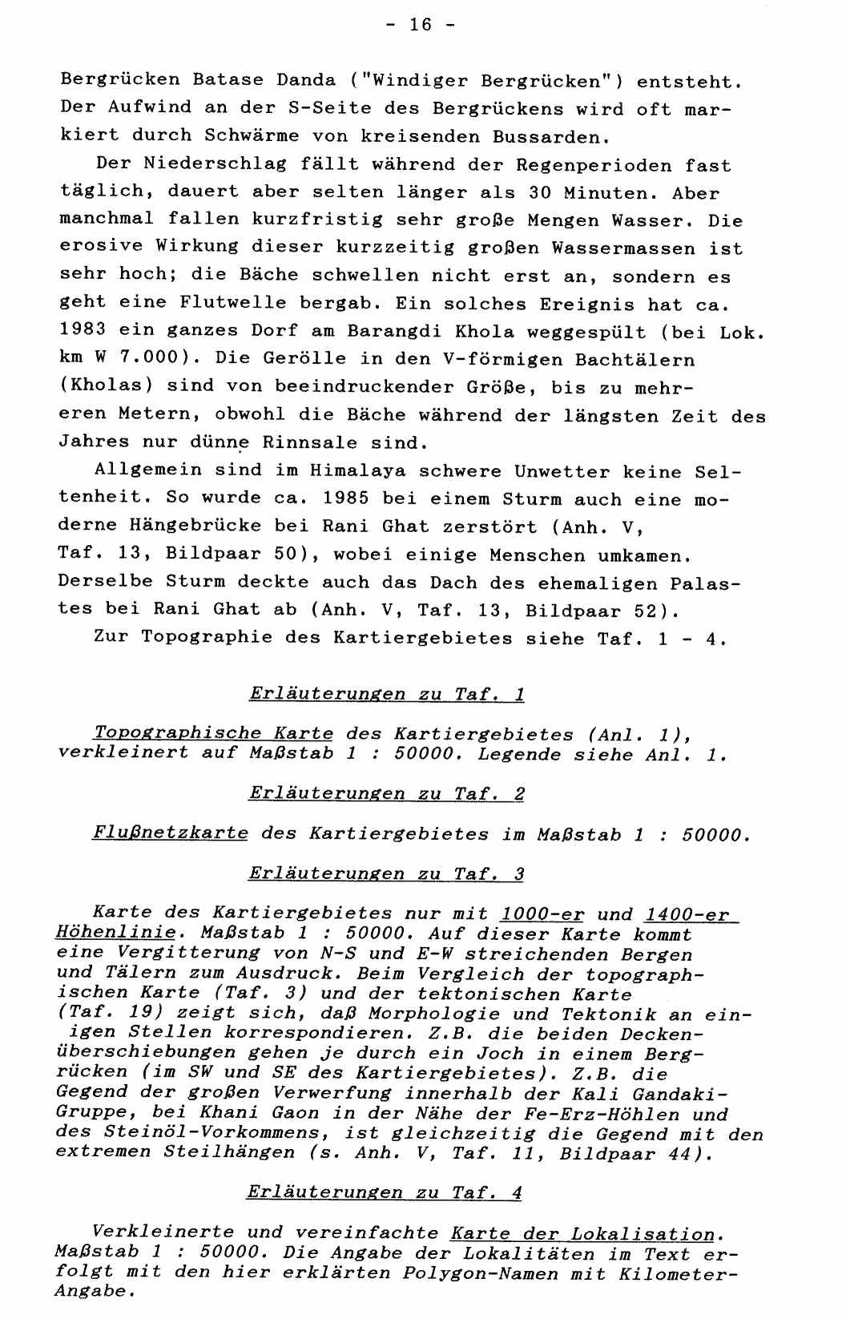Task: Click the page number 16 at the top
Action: point(421,25)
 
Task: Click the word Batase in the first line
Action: point(228,80)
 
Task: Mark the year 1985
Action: point(346,498)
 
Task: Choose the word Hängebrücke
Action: point(195,526)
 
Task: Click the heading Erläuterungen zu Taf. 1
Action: point(387,694)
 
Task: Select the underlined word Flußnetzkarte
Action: point(170,833)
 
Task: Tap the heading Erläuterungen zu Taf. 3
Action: point(387,873)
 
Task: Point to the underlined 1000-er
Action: point(542,914)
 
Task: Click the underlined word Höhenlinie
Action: point(115,934)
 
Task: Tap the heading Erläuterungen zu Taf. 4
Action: point(385,1193)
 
